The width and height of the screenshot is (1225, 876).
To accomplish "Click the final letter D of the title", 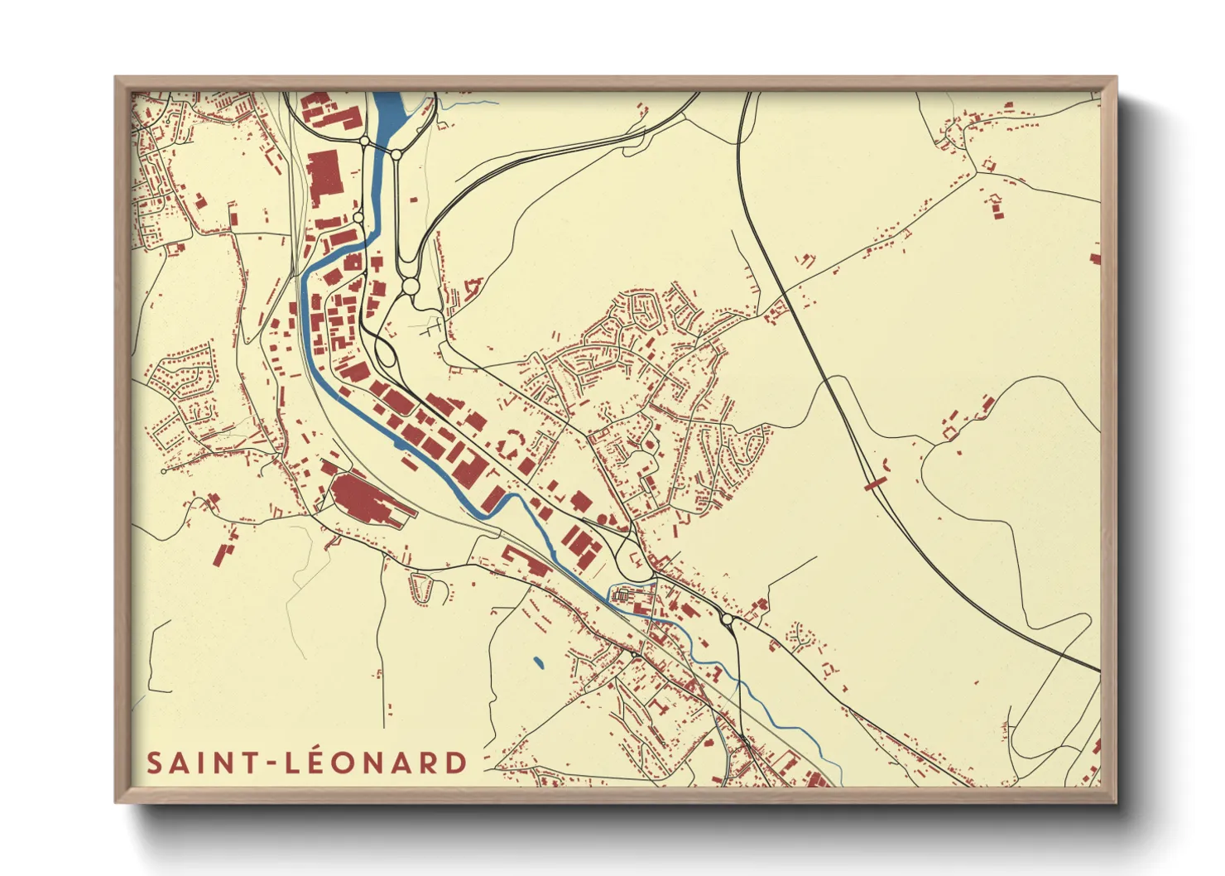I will click(x=456, y=763).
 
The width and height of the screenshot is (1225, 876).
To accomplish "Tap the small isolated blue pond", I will click(x=539, y=662).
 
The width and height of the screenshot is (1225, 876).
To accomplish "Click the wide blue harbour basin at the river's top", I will click(x=388, y=112).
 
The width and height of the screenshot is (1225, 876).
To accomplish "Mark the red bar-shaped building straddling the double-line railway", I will click(x=874, y=480).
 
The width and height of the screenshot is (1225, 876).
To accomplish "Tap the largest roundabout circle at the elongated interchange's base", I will click(x=411, y=287).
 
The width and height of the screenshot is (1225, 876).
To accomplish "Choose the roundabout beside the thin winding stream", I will click(x=728, y=619).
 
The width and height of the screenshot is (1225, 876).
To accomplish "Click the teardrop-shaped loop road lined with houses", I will click(x=422, y=589).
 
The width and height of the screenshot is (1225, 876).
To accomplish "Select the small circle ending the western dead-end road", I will click(x=164, y=471).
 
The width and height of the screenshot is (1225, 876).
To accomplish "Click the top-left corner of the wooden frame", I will click(x=116, y=78).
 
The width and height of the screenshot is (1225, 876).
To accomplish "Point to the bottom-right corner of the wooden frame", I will click(x=1116, y=802).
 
